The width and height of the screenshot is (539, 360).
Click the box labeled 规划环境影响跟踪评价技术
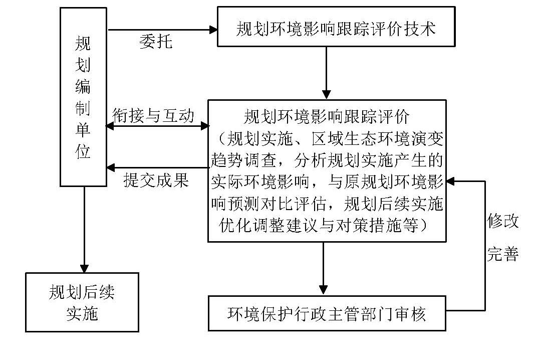click(336, 28)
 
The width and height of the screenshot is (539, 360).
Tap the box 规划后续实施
click(82, 302)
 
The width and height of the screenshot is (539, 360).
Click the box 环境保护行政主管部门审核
click(327, 313)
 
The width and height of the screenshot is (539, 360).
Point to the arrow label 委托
click(155, 42)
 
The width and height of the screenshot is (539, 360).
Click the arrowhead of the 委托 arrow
click(212, 30)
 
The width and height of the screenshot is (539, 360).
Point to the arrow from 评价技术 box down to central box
click(326, 73)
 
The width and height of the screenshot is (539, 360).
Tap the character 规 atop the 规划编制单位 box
click(83, 45)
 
